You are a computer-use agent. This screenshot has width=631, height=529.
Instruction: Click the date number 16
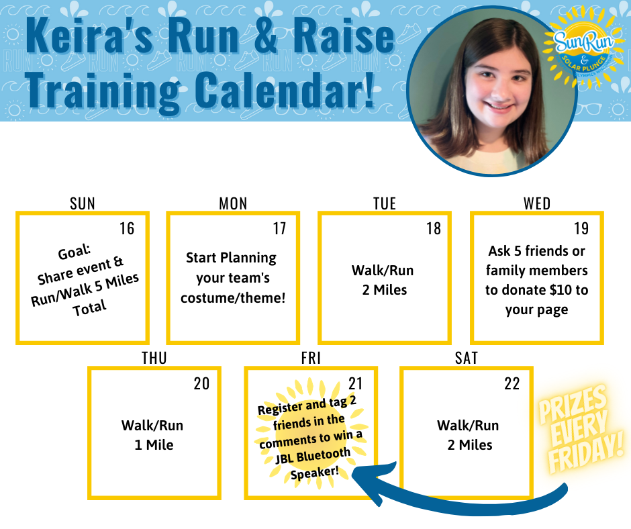click(x=127, y=228)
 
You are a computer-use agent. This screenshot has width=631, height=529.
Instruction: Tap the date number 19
click(x=581, y=228)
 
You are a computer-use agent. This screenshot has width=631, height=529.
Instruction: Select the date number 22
click(x=512, y=383)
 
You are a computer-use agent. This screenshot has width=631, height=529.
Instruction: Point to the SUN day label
click(x=83, y=203)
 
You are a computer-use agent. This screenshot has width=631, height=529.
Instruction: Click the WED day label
click(x=537, y=203)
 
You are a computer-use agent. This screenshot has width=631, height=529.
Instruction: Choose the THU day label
click(x=154, y=358)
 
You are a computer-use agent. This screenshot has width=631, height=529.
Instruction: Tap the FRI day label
click(x=311, y=358)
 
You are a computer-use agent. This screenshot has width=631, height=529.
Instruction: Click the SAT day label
click(x=467, y=358)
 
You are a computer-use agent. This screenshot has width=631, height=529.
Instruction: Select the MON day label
click(x=233, y=203)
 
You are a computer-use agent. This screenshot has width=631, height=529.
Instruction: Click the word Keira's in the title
click(x=90, y=36)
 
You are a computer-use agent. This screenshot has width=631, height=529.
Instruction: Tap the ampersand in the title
click(x=266, y=36)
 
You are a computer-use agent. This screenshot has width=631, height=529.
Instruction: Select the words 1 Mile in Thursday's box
click(x=154, y=445)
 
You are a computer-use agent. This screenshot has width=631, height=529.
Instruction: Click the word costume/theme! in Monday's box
click(x=233, y=298)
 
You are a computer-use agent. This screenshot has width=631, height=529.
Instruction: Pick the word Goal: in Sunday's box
click(x=75, y=252)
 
